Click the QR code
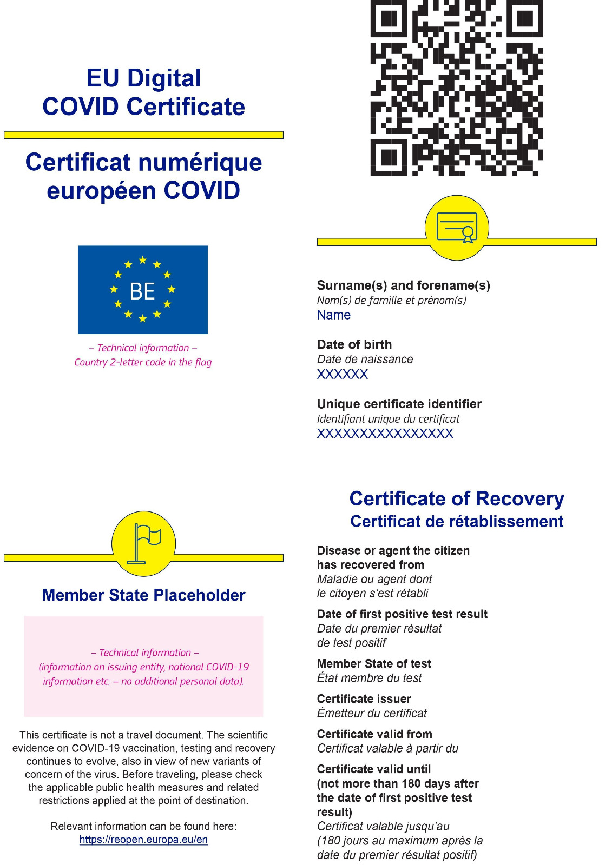(x=456, y=88)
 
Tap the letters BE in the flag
(x=142, y=291)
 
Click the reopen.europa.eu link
(x=143, y=840)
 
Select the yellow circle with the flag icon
(x=143, y=543)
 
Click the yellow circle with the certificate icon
(x=457, y=228)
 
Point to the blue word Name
(x=333, y=315)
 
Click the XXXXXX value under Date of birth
(x=342, y=374)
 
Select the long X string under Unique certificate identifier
(x=385, y=434)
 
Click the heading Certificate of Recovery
(x=457, y=498)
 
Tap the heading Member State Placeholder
(x=143, y=595)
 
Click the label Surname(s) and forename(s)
(x=403, y=285)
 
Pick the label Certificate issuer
(x=364, y=699)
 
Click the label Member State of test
(x=374, y=664)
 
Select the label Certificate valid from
(x=374, y=734)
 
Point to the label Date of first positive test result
(x=402, y=614)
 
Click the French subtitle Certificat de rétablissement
(x=457, y=522)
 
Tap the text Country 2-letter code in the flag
(x=143, y=362)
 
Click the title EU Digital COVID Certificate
(x=143, y=92)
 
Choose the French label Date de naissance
(x=365, y=360)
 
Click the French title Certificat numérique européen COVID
(x=143, y=176)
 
